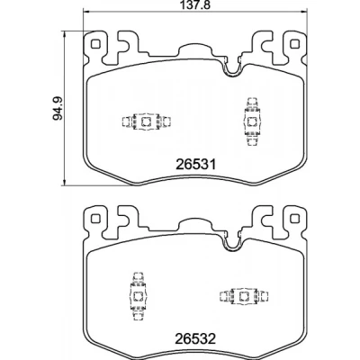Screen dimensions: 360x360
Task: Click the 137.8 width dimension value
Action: point(195,4)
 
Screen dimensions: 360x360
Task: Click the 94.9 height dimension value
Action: point(58,108)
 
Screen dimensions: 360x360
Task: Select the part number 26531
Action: point(195,165)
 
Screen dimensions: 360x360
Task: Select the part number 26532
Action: point(195,339)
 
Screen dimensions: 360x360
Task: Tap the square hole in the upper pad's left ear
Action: point(95,44)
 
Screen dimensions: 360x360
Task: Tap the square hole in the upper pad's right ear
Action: point(295,44)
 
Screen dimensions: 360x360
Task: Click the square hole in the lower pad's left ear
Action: point(95,219)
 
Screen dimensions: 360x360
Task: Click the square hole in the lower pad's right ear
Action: point(295,219)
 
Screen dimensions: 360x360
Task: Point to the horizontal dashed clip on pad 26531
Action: point(146,121)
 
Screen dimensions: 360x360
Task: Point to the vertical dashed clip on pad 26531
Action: point(251,121)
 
